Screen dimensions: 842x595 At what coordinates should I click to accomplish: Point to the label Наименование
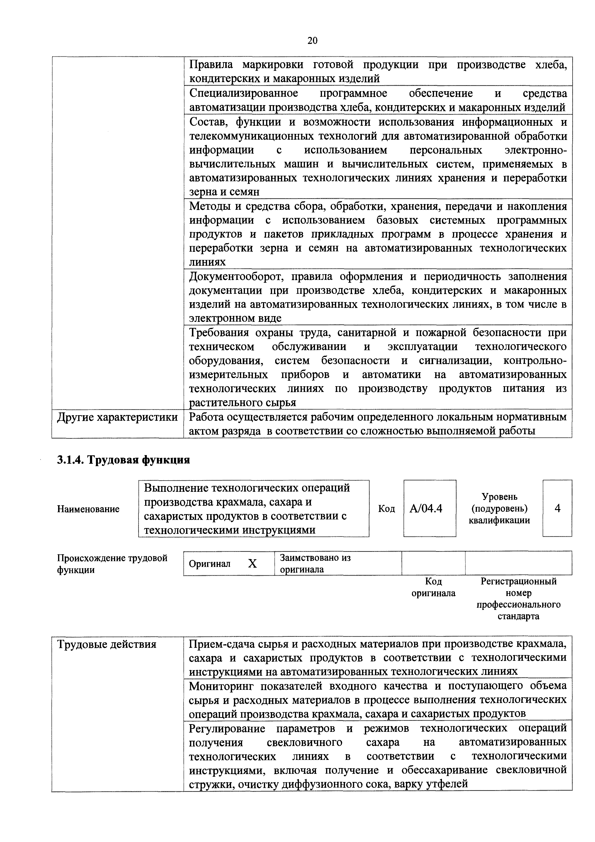click(88, 509)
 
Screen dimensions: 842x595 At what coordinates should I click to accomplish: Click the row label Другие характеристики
click(117, 417)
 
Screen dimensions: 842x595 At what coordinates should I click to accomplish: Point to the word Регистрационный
click(518, 581)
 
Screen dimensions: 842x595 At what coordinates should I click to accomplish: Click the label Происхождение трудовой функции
click(112, 564)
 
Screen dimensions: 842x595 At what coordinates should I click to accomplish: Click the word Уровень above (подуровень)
click(499, 497)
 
